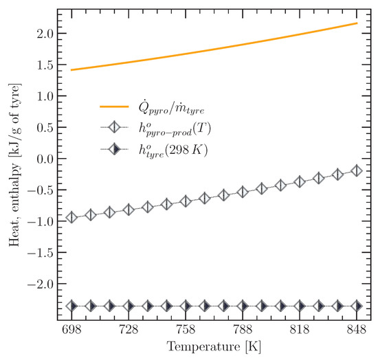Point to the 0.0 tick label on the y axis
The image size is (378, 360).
pyautogui.click(x=40, y=159)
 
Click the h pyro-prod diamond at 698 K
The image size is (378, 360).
pyautogui.click(x=72, y=217)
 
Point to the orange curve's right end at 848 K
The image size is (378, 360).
pyautogui.click(x=356, y=23)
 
